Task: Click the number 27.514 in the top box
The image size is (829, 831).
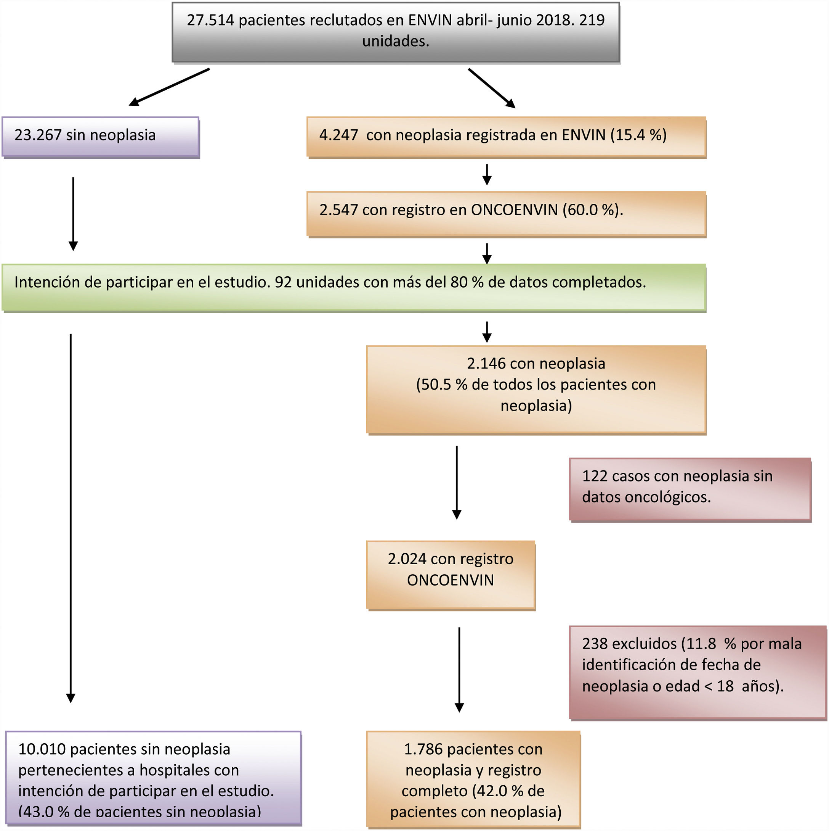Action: [210, 20]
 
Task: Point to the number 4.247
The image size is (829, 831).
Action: [338, 135]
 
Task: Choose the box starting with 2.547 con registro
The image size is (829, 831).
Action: [506, 213]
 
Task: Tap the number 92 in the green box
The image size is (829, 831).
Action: [283, 282]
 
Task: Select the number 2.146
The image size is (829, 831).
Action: [486, 364]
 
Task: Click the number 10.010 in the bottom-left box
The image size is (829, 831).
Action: [42, 749]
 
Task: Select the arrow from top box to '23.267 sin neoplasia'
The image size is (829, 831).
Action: [169, 87]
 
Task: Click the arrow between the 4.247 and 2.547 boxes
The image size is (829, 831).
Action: [486, 174]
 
